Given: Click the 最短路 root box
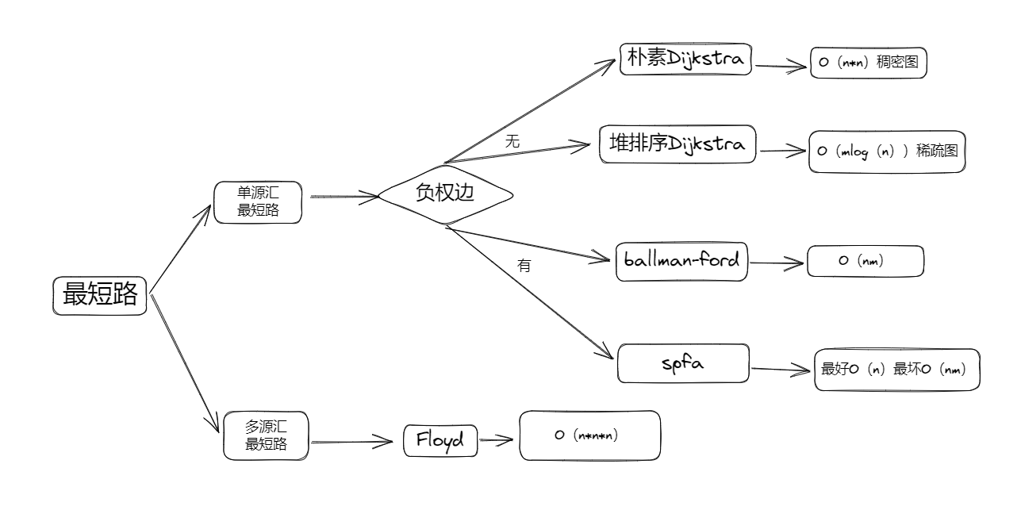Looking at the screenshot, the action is coord(99,295).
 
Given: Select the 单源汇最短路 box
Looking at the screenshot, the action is coord(258,202).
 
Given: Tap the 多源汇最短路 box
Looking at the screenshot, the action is coord(267,435).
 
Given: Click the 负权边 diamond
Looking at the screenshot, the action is coord(446,194).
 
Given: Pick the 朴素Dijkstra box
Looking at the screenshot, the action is coord(685,59).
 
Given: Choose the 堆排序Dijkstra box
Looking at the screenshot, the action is coord(677,144).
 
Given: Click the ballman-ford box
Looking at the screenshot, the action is coord(681,262).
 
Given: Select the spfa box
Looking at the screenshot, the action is coord(683,363).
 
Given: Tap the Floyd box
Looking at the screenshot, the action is coord(440,440).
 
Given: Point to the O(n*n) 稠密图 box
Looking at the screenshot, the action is coord(869,63).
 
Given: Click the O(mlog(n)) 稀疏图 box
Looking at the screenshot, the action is coord(887,151).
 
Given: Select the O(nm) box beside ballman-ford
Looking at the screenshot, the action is coord(866,261).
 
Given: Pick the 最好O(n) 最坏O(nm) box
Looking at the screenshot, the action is coord(897,370).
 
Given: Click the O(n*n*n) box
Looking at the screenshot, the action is coord(589,435).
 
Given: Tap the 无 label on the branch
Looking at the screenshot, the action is coord(512,141).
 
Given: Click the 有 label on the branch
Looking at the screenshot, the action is coord(524,265).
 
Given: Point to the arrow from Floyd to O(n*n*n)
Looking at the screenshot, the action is coord(496,440).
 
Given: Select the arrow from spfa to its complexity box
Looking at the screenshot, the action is coord(781,369).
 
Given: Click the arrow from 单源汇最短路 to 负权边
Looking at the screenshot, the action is coord(344,197).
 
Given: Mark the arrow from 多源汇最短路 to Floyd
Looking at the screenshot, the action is coord(352,441).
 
